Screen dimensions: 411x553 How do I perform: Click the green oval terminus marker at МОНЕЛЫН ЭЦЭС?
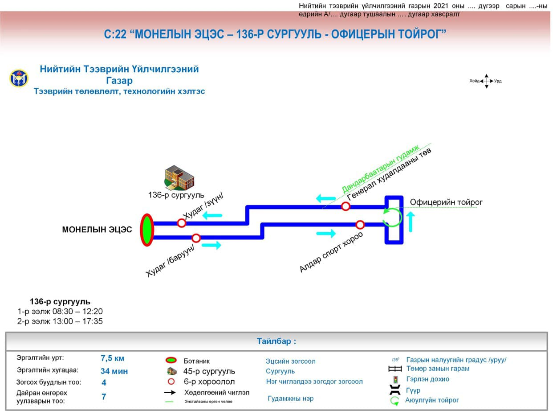tap(147, 230)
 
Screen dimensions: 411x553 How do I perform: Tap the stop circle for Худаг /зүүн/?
tap(182, 223)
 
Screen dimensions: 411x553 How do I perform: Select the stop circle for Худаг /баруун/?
tap(196, 238)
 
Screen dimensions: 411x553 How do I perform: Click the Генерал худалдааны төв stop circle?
tap(346, 206)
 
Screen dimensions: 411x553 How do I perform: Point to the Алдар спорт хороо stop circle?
tap(360, 225)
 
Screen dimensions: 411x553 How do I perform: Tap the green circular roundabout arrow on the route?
tap(393, 217)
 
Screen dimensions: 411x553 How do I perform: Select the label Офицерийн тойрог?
tap(446, 202)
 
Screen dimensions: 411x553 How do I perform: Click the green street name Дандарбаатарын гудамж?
tap(381, 168)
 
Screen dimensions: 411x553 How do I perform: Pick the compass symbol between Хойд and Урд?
tap(486, 81)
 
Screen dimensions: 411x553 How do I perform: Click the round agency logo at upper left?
tap(19, 78)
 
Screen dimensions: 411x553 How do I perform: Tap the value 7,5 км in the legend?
tap(113, 358)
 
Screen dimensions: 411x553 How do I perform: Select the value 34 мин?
tap(114, 371)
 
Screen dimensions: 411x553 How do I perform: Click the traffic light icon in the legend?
tap(394, 380)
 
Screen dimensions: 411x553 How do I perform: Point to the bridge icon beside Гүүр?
tap(394, 390)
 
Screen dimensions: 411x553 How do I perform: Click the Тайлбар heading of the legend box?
tap(276, 341)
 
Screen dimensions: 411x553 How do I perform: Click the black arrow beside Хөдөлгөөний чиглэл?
tap(169, 393)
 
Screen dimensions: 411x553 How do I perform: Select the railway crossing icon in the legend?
tap(394, 369)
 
